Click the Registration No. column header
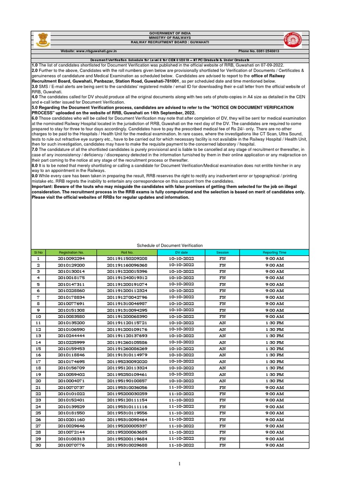pos(71,252)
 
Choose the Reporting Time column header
pos(274,252)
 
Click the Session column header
pos(222,252)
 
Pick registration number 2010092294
pos(71,258)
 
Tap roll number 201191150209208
pos(127,258)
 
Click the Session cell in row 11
pos(222,323)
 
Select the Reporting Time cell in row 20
pos(274,381)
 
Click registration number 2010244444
pos(71,336)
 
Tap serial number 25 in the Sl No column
pos(38,413)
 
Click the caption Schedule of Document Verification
pos(169,246)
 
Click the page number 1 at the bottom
pos(179,464)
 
